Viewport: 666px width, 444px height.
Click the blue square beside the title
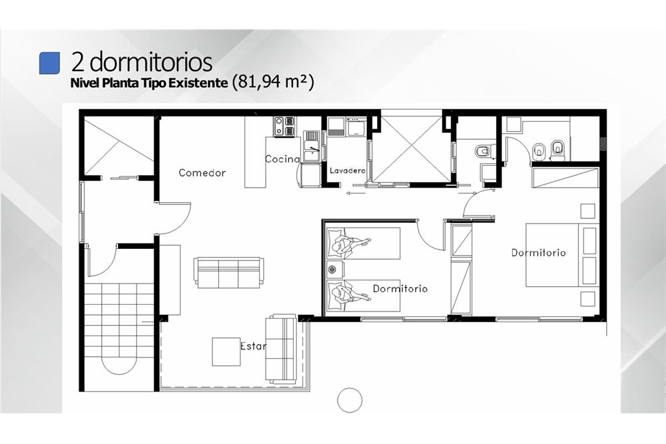point(49,63)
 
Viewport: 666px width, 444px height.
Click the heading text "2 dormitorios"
point(142,61)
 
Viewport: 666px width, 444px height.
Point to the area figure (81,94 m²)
point(273,81)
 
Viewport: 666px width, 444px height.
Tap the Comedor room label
point(202,173)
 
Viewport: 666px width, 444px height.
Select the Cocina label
point(282,159)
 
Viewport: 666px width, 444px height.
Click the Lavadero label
point(348,170)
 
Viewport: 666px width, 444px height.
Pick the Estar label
point(253,346)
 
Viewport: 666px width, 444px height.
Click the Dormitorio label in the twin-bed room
point(400,289)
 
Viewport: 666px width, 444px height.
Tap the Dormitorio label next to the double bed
point(538,252)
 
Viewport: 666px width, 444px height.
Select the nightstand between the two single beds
point(336,270)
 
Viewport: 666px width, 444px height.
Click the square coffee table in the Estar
point(226,351)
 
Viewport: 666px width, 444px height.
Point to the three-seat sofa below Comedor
point(228,272)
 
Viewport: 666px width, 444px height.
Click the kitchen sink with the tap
point(314,146)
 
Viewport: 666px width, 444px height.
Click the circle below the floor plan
point(350,399)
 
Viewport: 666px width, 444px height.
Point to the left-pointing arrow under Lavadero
point(356,194)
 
